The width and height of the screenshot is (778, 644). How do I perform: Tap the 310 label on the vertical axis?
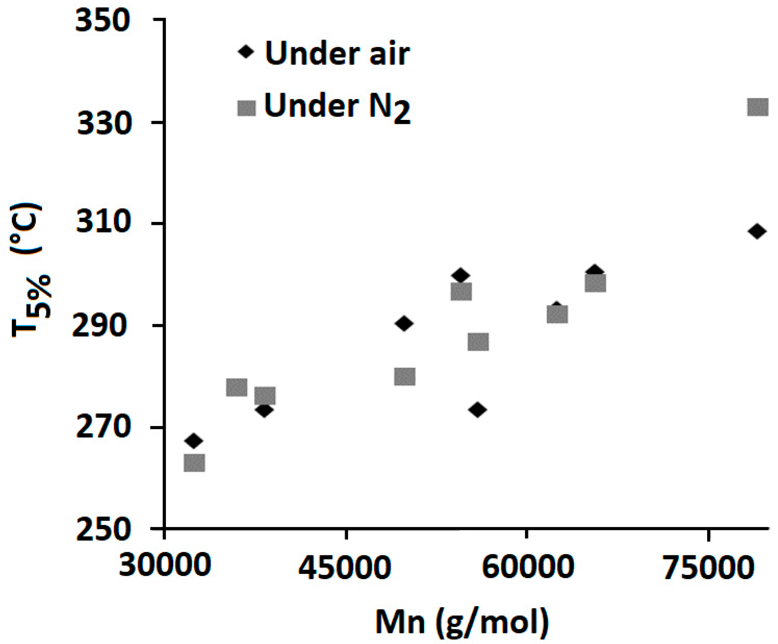103,223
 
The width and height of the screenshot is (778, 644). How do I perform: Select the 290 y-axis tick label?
98,326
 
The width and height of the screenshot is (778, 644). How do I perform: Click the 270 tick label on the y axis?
103,428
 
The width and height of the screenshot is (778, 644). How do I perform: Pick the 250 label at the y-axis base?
103,529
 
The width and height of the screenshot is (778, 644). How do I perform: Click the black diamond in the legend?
246,52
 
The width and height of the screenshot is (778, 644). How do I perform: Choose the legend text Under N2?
337,107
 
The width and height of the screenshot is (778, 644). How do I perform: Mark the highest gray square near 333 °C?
757,108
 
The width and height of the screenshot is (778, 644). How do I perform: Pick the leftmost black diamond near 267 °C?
193,441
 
